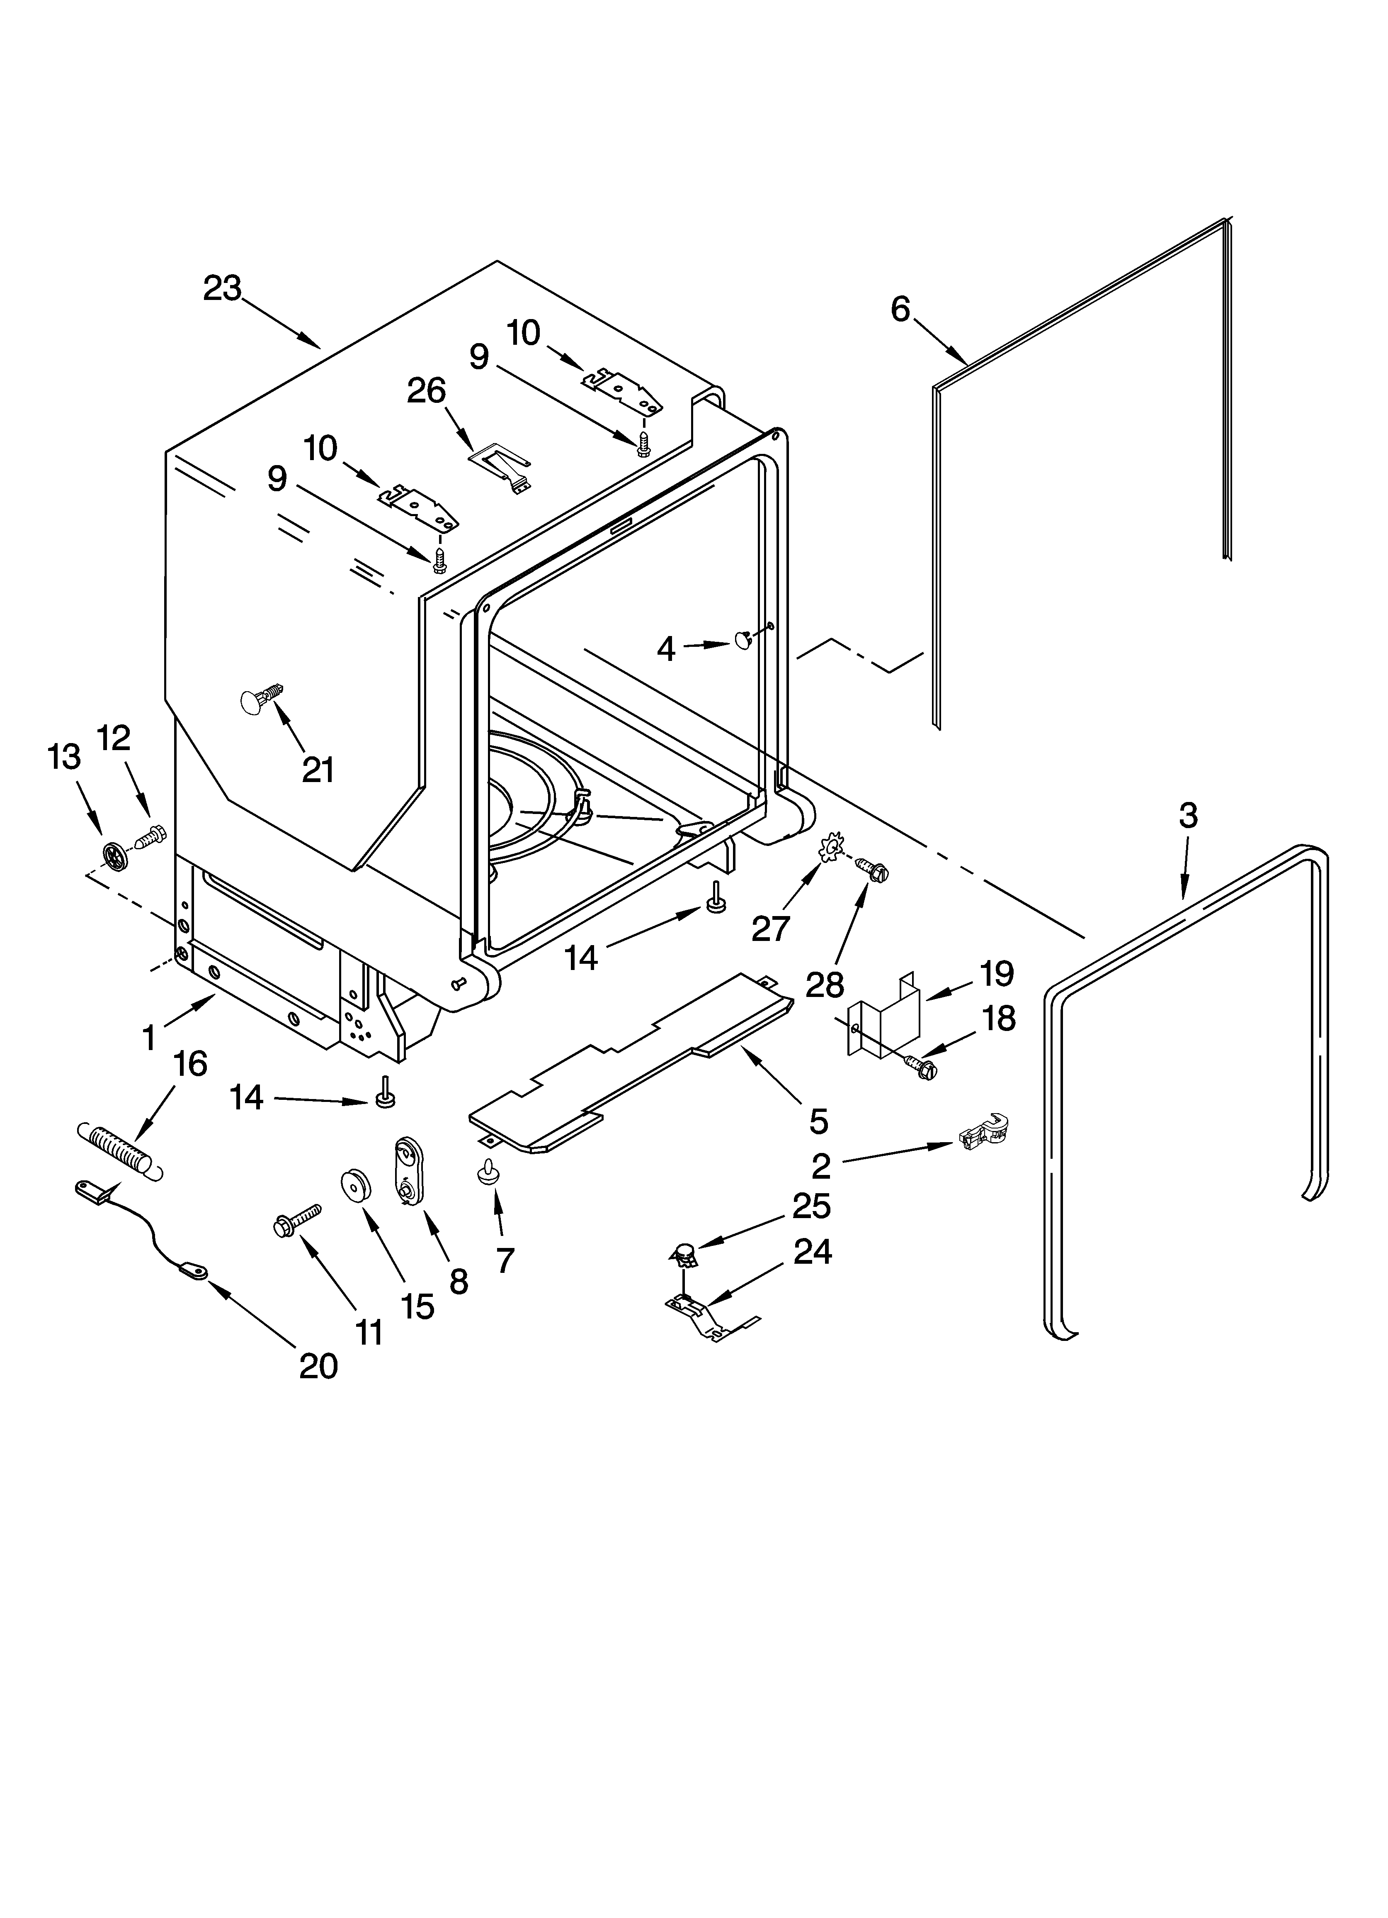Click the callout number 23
(x=222, y=289)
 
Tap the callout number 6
(x=900, y=310)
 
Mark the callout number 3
(x=1188, y=815)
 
